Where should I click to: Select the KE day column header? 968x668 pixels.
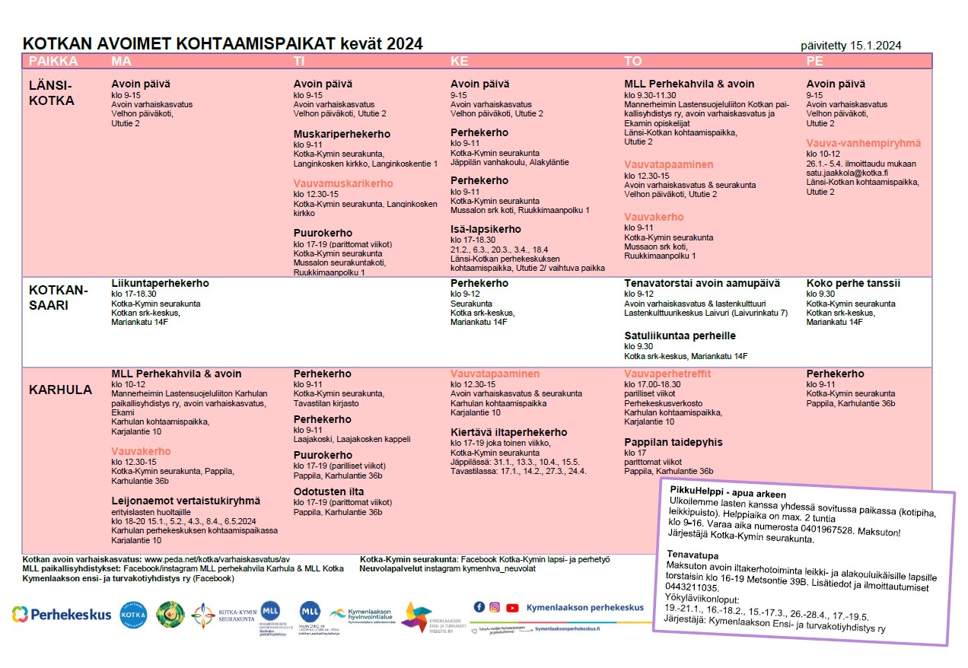(x=460, y=61)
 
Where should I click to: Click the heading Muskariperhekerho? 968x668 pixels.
(x=342, y=134)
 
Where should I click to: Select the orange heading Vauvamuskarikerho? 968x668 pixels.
(x=343, y=183)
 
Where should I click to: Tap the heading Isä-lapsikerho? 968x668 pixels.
(x=486, y=229)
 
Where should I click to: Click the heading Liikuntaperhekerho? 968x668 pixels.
(x=160, y=283)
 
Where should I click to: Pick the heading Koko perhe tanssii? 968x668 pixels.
(x=853, y=283)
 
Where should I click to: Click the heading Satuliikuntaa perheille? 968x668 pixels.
(x=680, y=336)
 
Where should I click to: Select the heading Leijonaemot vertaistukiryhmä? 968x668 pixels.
(x=186, y=501)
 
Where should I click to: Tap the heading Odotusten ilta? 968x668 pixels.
(x=329, y=491)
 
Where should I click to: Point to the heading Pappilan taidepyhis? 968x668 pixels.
(x=673, y=442)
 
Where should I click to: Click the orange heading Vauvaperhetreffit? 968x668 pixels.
(x=667, y=374)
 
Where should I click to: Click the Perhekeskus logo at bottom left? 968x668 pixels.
(x=62, y=615)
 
